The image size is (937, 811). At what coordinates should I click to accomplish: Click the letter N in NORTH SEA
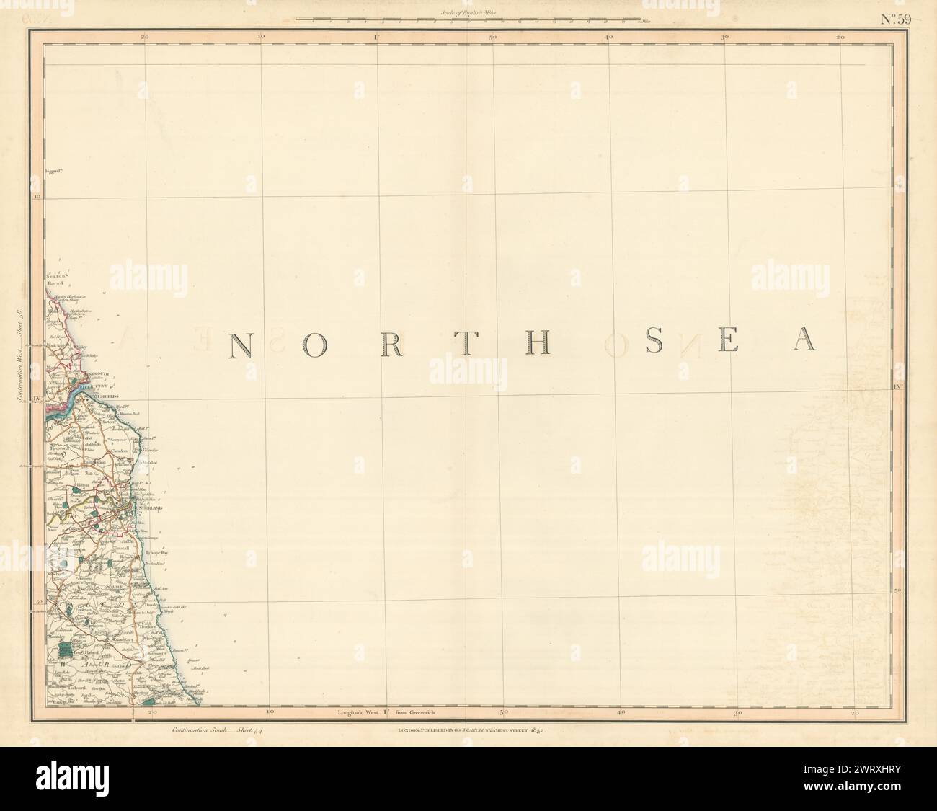[x=240, y=345]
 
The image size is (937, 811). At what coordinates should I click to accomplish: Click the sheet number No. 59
[x=897, y=19]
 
